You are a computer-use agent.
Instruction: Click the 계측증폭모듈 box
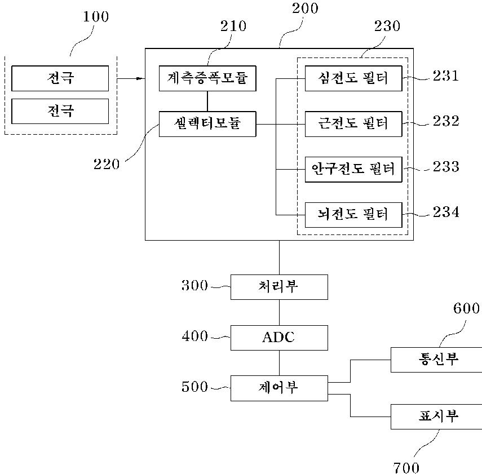[x=207, y=78]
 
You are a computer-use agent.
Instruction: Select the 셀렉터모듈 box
[x=207, y=123]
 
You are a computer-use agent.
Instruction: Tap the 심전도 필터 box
[x=353, y=78]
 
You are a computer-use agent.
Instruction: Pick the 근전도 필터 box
[x=353, y=123]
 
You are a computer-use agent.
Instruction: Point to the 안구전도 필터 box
[x=353, y=169]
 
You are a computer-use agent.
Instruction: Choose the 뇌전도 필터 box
[x=353, y=214]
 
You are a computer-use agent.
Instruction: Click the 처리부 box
[x=279, y=287]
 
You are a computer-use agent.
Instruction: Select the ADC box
[x=279, y=338]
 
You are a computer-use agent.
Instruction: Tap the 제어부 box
[x=279, y=388]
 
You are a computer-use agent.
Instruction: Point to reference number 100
[x=96, y=16]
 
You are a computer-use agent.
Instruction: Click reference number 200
[x=306, y=8]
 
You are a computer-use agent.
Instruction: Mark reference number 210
[x=232, y=26]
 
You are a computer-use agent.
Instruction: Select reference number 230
[x=386, y=26]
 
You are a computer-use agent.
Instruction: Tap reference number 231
[x=445, y=76]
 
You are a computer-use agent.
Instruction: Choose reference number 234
[x=445, y=212]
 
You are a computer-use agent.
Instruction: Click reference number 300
[x=195, y=286]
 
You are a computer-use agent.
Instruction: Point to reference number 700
[x=406, y=467]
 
